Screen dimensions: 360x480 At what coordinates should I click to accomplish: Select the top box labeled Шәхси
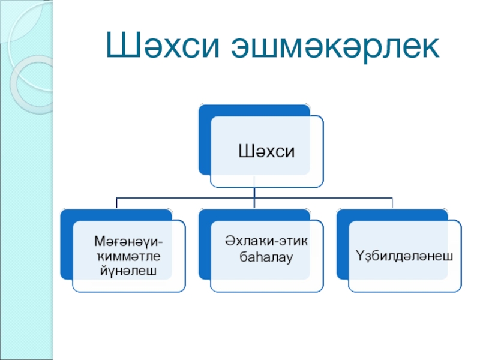(267, 150)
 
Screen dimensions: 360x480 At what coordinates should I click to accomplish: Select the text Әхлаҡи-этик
(267, 241)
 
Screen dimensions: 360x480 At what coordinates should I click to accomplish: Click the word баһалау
(267, 258)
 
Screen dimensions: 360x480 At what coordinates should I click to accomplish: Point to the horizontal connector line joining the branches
(180, 197)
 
